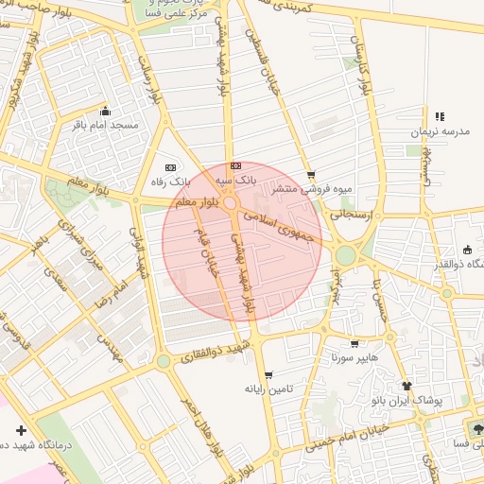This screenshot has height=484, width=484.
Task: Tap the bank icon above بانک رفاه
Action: point(170,166)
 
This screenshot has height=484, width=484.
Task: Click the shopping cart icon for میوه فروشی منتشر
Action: point(311,175)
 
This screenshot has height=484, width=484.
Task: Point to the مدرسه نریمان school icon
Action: point(440,116)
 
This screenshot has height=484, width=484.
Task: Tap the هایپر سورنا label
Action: point(354,358)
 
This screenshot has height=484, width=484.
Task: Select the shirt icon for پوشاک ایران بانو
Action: point(407,386)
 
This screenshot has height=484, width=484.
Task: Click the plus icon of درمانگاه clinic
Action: point(21,430)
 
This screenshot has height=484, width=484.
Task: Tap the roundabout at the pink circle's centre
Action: point(231,201)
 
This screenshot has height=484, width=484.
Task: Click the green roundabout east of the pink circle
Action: point(346,254)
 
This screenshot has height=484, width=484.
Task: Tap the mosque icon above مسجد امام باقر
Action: point(104,109)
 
